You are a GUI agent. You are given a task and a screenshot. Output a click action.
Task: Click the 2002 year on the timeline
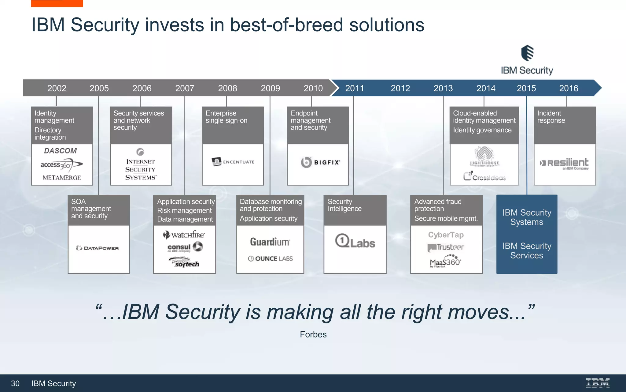tap(57, 88)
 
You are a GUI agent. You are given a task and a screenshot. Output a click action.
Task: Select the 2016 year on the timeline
tap(569, 88)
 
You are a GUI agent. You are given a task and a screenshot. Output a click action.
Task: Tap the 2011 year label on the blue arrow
tap(355, 88)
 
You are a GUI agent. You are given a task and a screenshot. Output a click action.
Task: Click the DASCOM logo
tap(61, 151)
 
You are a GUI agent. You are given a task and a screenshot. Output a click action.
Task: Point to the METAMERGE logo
tap(62, 178)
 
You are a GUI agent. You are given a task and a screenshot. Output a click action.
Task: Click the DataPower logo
tap(98, 248)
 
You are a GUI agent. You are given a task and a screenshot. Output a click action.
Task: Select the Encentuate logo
tap(233, 162)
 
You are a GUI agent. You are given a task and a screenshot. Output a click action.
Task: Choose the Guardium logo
tap(270, 242)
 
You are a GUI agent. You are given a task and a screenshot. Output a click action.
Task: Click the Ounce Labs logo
tap(270, 259)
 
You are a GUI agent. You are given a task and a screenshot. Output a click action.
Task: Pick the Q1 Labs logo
tap(355, 241)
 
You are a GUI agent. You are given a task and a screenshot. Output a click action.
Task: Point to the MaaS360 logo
tap(445, 262)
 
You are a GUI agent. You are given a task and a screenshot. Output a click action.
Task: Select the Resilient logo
tap(564, 163)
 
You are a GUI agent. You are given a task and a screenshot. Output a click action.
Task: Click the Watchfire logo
tap(184, 235)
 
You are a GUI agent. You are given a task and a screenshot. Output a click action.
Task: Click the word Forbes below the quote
tap(313, 334)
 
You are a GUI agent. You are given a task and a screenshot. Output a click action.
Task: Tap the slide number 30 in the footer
tap(15, 383)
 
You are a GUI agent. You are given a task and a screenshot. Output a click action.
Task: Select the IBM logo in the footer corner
tap(598, 383)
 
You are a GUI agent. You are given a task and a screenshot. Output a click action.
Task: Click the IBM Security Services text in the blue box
tap(527, 251)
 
